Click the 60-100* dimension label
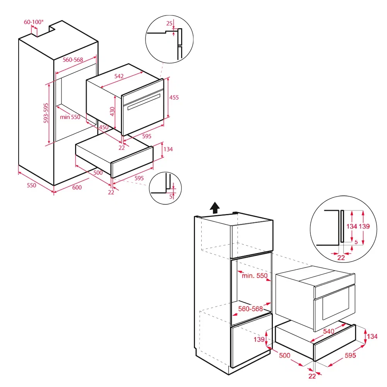point(33,22)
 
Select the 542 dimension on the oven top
point(119,76)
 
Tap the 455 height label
point(174,98)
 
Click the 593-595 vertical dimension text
point(46,113)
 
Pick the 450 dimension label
point(103,127)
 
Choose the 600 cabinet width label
point(77,187)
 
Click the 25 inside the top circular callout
point(169,24)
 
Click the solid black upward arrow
point(214,208)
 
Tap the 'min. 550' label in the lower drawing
point(255,276)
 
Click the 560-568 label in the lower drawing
point(250,309)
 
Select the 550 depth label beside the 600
point(31,185)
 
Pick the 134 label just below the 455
point(168,149)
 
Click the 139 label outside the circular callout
point(260,339)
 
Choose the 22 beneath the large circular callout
point(341,257)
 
